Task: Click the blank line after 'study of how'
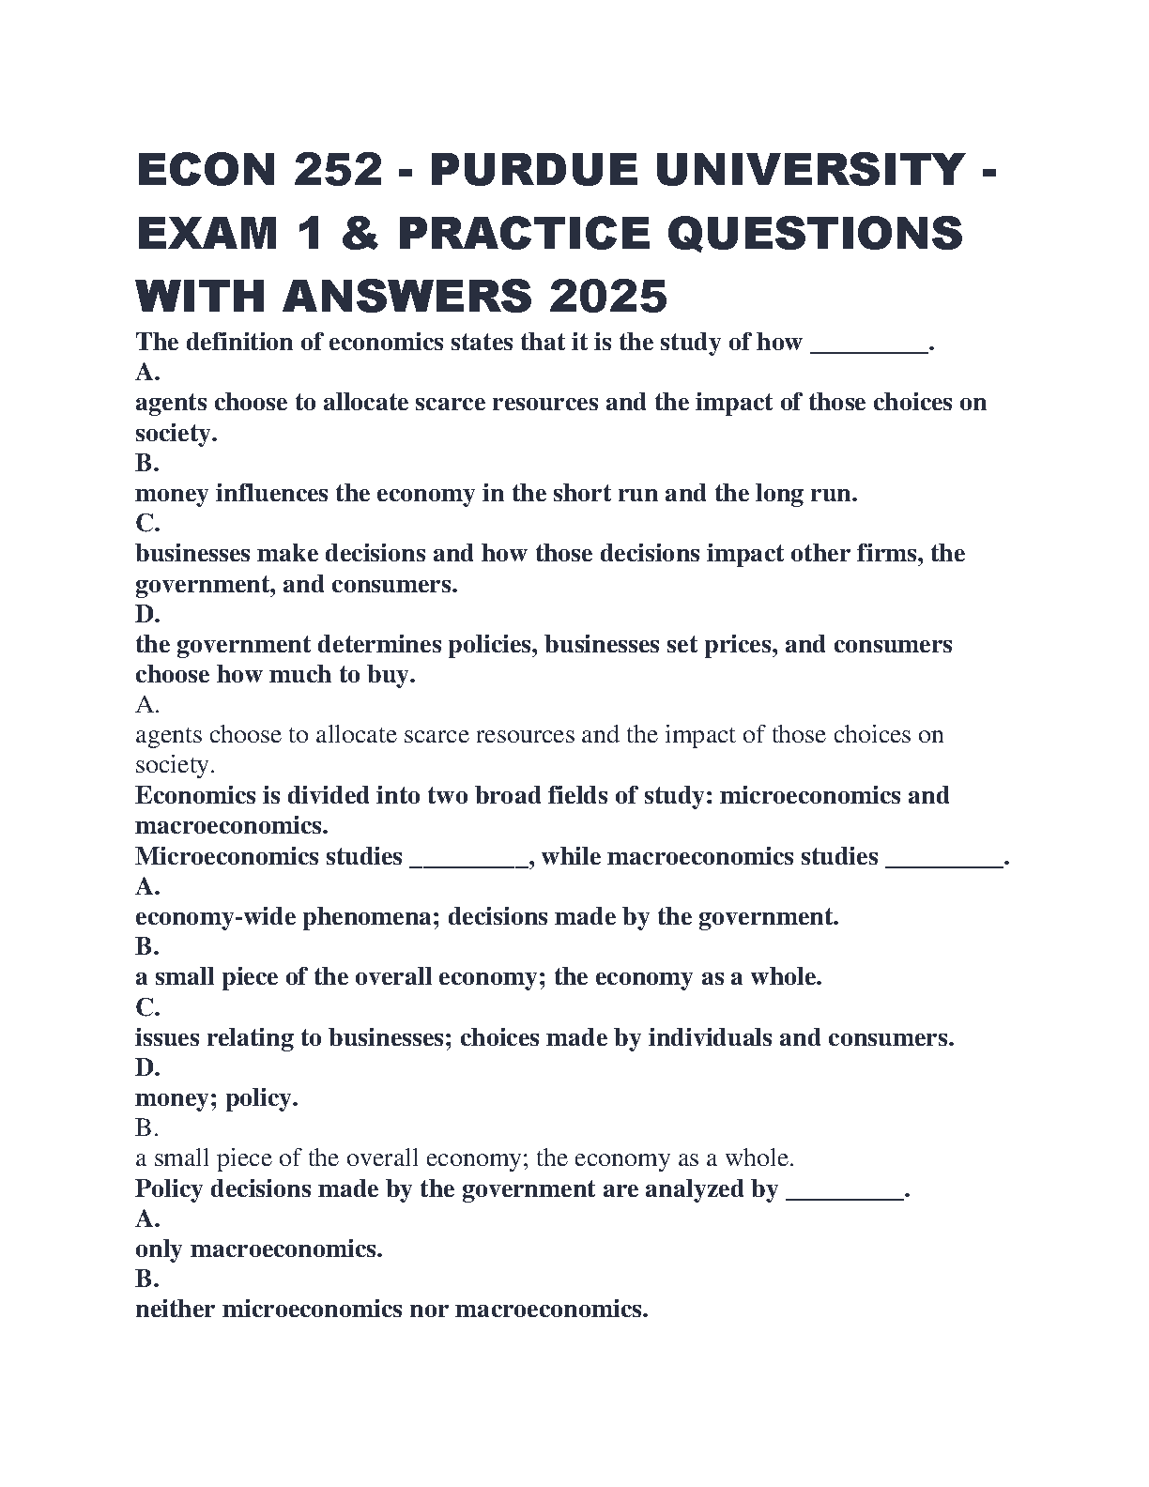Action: (868, 344)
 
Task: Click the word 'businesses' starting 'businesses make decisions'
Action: (192, 554)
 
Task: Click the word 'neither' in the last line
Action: (175, 1310)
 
